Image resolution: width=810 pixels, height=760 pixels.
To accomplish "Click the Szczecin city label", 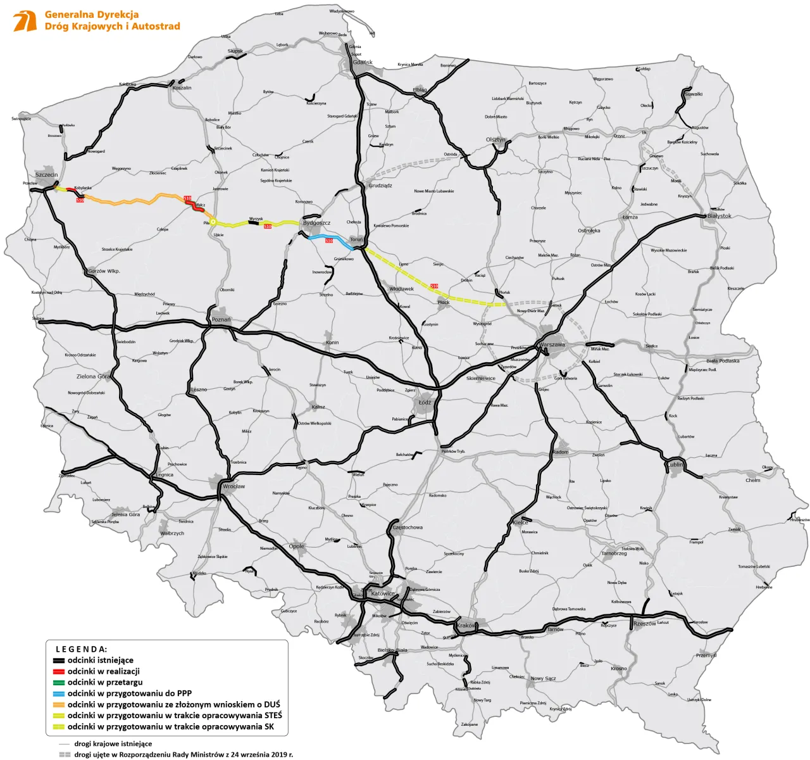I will pyautogui.click(x=46, y=175).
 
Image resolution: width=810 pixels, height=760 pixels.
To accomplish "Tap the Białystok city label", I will pyautogui.click(x=719, y=216).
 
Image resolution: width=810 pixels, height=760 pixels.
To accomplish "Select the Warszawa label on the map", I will pyautogui.click(x=552, y=345).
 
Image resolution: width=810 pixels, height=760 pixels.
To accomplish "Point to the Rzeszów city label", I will pyautogui.click(x=644, y=624).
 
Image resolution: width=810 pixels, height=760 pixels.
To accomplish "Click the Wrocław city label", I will pyautogui.click(x=234, y=486).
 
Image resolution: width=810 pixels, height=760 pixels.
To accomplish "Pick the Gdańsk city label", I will pyautogui.click(x=363, y=63).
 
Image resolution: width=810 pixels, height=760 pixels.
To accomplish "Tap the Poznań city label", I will pyautogui.click(x=221, y=320).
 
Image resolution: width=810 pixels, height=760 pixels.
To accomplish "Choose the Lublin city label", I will pyautogui.click(x=675, y=464).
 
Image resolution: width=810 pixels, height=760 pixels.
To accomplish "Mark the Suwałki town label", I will pyautogui.click(x=694, y=94).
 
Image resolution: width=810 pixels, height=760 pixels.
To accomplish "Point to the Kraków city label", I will pyautogui.click(x=466, y=626).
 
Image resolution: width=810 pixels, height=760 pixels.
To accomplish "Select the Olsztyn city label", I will pyautogui.click(x=495, y=140).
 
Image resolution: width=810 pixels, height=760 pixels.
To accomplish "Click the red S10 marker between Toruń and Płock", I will pyautogui.click(x=434, y=286).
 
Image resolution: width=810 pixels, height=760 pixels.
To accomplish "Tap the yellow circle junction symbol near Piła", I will pyautogui.click(x=213, y=222).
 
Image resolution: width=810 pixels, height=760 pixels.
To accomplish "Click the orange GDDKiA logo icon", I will pyautogui.click(x=25, y=21).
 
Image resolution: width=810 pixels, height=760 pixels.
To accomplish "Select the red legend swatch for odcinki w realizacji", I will pyautogui.click(x=58, y=671).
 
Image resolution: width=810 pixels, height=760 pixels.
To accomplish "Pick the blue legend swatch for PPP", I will pyautogui.click(x=58, y=693).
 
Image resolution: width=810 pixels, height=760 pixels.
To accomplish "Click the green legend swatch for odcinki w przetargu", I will pyautogui.click(x=58, y=683).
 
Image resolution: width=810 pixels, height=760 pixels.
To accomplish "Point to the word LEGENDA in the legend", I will pyautogui.click(x=82, y=649).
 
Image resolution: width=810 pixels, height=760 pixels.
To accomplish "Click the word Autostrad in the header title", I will pyautogui.click(x=156, y=27).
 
